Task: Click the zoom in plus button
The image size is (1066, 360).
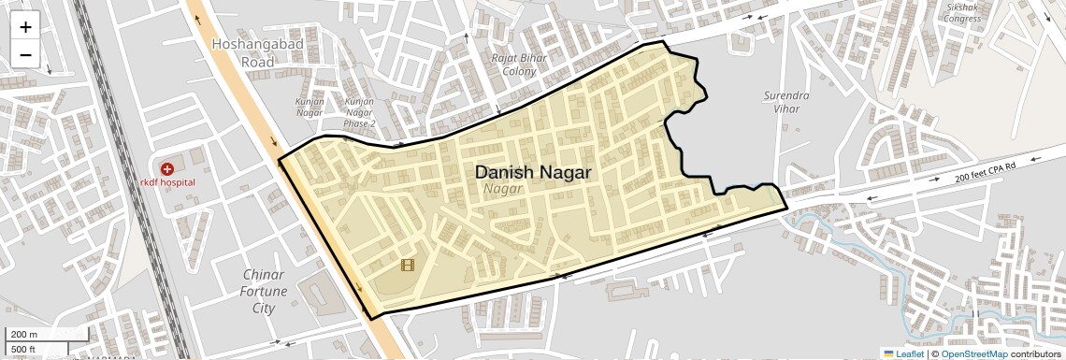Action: click(25, 26)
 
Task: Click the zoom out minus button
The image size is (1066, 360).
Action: click(25, 54)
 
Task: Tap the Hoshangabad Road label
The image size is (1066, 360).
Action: click(243, 52)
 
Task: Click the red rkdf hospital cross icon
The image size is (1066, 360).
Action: click(166, 169)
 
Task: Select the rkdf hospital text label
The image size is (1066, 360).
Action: click(168, 182)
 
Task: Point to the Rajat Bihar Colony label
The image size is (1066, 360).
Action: click(519, 65)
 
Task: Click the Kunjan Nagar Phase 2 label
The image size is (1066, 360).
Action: click(360, 112)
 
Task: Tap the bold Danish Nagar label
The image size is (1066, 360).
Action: click(532, 173)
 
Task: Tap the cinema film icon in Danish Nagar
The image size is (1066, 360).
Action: click(407, 265)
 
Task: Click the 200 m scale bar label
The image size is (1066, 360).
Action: click(24, 335)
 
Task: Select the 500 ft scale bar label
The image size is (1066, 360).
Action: click(24, 350)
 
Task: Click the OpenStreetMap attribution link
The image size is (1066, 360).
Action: click(973, 353)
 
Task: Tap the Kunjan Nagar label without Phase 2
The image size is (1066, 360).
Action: click(310, 107)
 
